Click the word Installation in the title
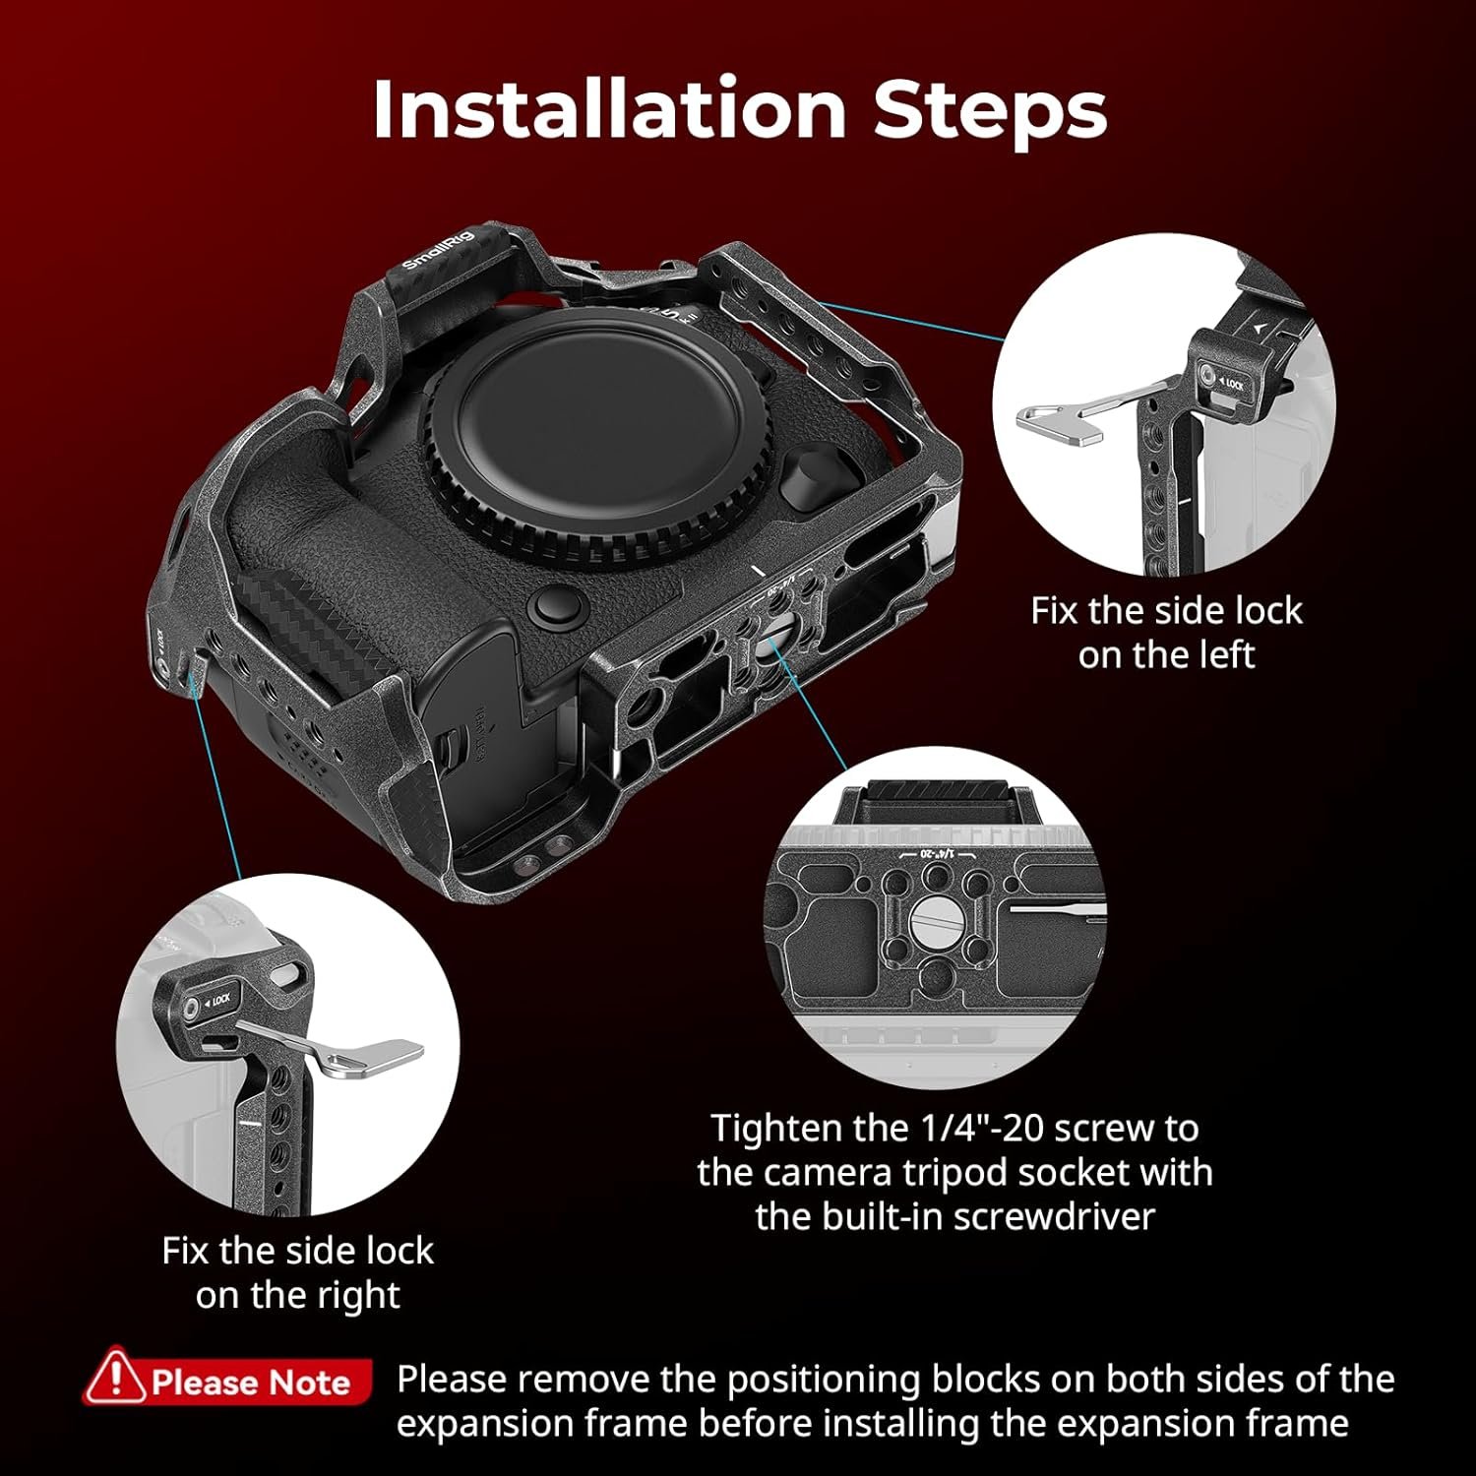[x=609, y=108]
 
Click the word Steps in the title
[x=990, y=110]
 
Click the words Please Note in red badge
[x=251, y=1383]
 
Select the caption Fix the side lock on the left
[x=1166, y=632]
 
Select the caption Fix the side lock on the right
[x=297, y=1272]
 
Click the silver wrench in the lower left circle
[x=335, y=1049]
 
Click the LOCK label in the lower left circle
[x=218, y=1001]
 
